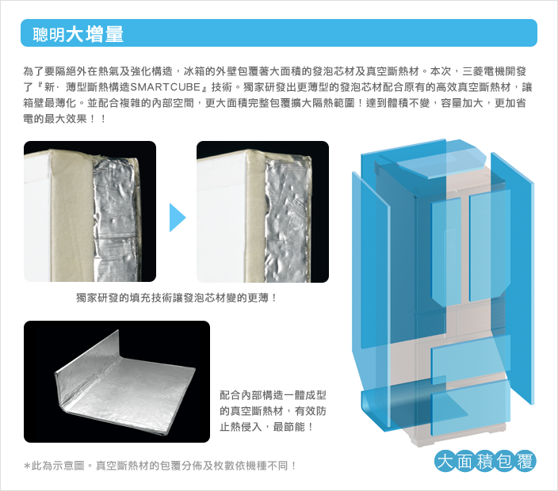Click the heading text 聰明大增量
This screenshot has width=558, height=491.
(x=78, y=34)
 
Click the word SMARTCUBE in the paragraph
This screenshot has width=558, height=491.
(x=166, y=87)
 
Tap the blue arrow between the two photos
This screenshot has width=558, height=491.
(x=178, y=217)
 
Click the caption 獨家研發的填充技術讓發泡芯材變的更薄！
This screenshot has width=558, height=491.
(x=177, y=298)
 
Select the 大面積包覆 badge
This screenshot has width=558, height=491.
(x=485, y=461)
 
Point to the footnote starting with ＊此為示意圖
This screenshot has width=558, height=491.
(x=160, y=466)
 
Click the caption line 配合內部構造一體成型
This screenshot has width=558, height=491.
(x=273, y=395)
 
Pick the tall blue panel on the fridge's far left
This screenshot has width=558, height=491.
(x=371, y=299)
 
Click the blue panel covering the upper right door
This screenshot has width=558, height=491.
(x=490, y=246)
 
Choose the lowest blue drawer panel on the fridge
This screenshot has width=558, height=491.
(x=471, y=408)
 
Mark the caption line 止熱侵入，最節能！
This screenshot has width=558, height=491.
(x=267, y=427)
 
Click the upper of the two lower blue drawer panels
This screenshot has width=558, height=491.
(x=471, y=360)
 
